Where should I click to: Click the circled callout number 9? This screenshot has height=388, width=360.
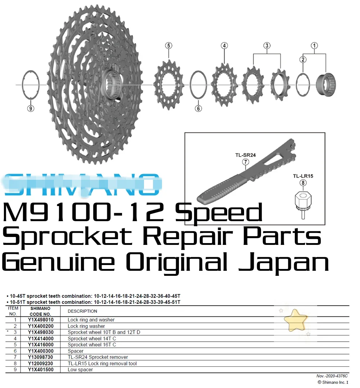(31, 108)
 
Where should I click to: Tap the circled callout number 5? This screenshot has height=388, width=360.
(168, 46)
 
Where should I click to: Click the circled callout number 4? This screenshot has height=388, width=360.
(225, 46)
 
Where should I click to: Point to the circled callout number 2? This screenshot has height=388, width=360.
(303, 60)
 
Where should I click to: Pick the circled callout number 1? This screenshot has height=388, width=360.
(314, 46)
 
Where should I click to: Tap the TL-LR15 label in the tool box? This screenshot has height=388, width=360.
(303, 176)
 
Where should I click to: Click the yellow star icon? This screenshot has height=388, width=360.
(295, 320)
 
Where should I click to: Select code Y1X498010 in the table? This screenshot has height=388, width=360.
(40, 320)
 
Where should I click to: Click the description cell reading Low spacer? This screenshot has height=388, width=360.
(80, 370)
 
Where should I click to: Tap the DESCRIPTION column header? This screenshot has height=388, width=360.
(82, 311)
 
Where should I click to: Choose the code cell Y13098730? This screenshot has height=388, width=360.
(40, 357)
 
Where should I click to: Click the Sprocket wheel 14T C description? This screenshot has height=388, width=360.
(92, 338)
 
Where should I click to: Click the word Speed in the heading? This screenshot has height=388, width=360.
(220, 213)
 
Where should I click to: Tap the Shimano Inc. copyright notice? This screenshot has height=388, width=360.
(333, 382)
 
